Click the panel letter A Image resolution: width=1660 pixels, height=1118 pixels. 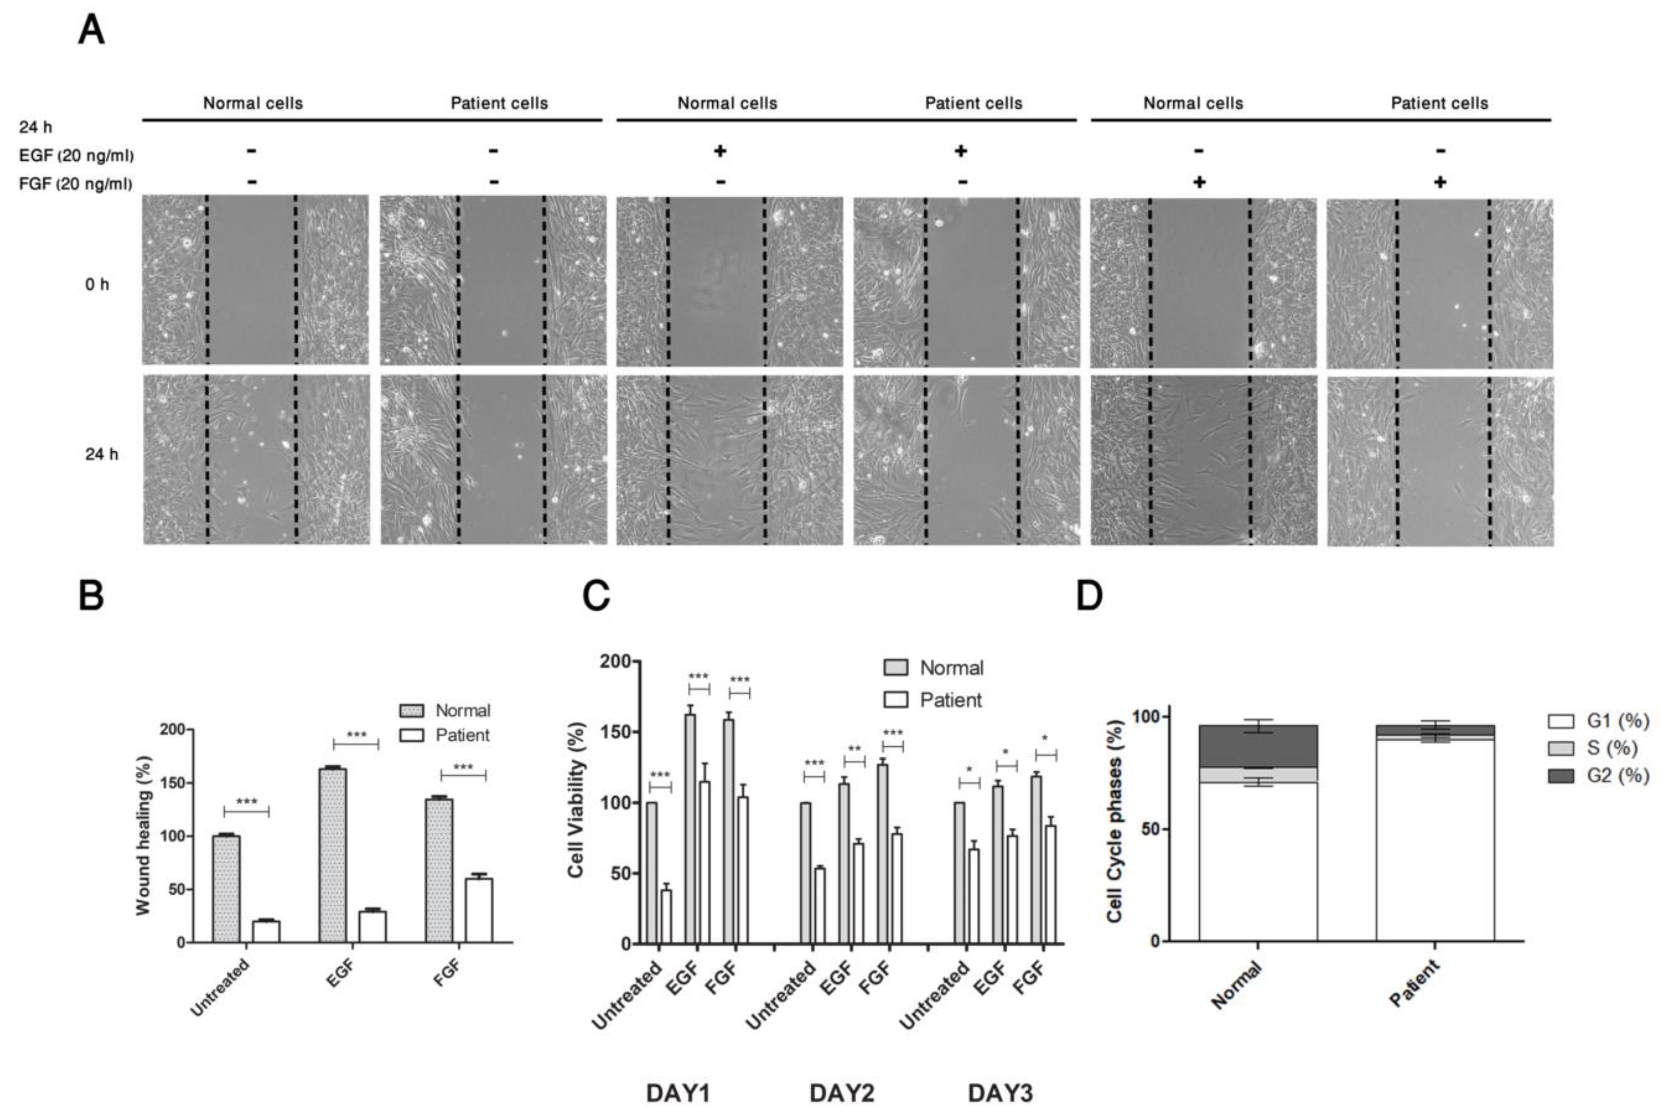[x=91, y=31]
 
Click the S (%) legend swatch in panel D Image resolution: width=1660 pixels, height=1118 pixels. [x=1560, y=748]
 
